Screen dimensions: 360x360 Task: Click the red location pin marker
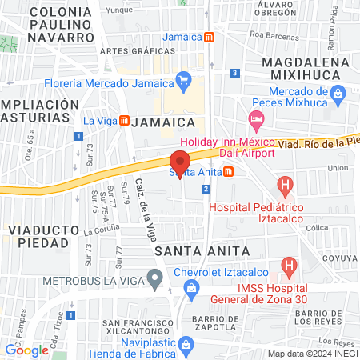179,159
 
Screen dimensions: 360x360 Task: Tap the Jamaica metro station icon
209,37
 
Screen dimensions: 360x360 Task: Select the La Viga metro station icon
125,121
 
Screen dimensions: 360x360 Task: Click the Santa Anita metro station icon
229,170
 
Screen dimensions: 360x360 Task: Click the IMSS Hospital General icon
289,265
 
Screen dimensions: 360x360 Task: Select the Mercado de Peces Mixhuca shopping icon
338,93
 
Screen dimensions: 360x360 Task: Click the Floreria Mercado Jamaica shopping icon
184,79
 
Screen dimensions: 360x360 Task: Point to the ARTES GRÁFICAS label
128,52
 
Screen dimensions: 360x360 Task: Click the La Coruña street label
100,232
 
